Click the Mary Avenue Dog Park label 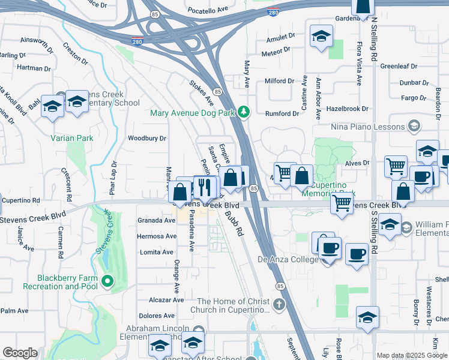click(192, 112)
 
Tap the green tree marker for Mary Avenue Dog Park click(243, 112)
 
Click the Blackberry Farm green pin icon click(107, 280)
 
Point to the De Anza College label click(288, 259)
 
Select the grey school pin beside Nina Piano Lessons click(414, 126)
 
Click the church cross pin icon click(279, 305)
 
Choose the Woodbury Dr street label click(146, 138)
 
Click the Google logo click(20, 353)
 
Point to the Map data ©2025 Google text click(412, 355)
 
